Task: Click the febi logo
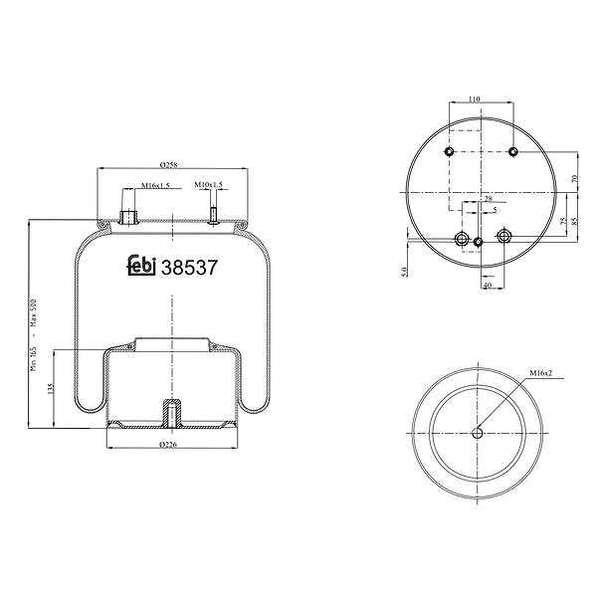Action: (x=141, y=265)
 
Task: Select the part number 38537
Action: (x=189, y=268)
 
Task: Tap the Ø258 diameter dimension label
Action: (x=169, y=165)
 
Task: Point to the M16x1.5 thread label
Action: (x=155, y=185)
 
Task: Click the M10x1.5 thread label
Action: (x=208, y=185)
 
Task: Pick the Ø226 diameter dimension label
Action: (x=169, y=444)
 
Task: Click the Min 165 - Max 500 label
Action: (x=34, y=335)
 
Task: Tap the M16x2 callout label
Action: (x=541, y=373)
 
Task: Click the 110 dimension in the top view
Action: (x=474, y=99)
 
